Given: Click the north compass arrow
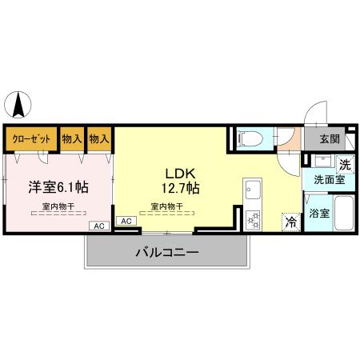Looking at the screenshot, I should point(18,106).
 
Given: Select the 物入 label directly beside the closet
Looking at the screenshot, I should point(73,138).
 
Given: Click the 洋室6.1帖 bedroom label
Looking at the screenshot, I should point(58,186).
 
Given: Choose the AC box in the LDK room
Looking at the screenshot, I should point(126,220).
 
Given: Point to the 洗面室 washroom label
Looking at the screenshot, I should point(328,181).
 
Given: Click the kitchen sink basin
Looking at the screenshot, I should point(253,190).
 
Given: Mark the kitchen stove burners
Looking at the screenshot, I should point(254,218).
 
